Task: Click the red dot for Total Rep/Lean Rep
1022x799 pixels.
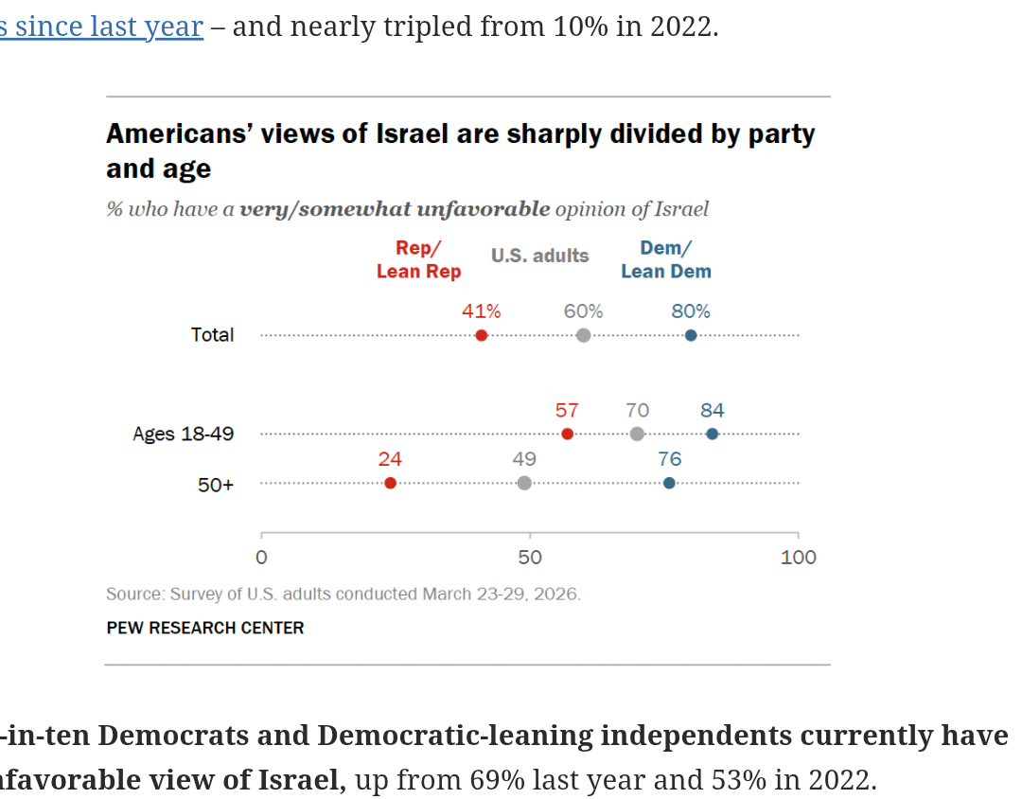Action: coord(482,335)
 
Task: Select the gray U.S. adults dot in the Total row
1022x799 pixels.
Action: coord(583,335)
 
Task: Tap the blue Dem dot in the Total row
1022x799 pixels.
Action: coord(691,335)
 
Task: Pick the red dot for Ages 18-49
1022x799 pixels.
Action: coord(567,434)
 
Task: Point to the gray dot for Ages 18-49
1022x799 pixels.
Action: coord(637,434)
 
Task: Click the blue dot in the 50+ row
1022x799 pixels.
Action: coord(669,483)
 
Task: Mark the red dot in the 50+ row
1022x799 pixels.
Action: coord(390,483)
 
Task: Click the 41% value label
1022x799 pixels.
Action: coord(481,311)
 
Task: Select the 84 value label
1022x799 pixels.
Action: coord(712,410)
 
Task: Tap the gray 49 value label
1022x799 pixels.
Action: coord(524,459)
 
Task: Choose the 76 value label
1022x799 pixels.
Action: coord(669,459)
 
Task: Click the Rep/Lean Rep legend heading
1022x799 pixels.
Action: coord(418,259)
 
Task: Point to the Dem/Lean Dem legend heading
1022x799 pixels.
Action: coord(665,259)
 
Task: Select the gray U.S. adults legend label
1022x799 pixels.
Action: coord(539,256)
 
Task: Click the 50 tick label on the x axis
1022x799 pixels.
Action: coord(530,558)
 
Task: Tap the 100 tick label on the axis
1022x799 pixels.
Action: coord(798,558)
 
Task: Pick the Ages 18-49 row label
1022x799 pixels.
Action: coord(183,434)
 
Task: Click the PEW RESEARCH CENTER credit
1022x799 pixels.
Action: coord(205,628)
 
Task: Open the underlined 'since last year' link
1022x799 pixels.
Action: coord(101,27)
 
